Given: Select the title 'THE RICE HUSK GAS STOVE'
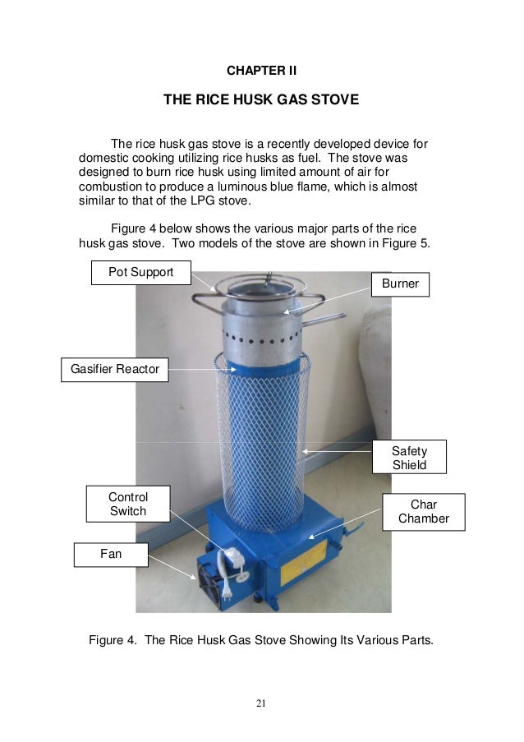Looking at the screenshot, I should [x=261, y=101].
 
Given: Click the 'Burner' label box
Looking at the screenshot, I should [x=400, y=284].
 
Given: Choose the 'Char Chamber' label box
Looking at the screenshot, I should [x=423, y=510].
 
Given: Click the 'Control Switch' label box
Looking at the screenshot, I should [x=128, y=504].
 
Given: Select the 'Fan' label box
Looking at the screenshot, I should [x=111, y=555].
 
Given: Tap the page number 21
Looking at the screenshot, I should [x=261, y=703].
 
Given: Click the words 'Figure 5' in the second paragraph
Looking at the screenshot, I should [x=404, y=244].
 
